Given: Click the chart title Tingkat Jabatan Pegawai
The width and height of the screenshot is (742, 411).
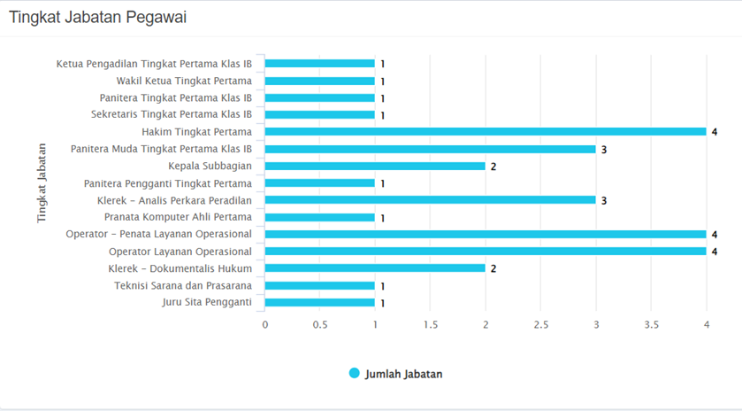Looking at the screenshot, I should (x=97, y=18).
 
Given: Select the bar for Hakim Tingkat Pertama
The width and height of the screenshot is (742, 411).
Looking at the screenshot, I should (x=486, y=132).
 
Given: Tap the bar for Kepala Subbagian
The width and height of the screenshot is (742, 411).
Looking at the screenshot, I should (x=375, y=166).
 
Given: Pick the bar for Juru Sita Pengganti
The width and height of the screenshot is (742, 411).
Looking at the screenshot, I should (x=319, y=303).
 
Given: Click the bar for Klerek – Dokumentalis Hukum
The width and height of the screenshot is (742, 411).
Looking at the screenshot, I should (x=375, y=268).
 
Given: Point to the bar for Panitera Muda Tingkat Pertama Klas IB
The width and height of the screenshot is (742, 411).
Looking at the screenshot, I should (x=430, y=149).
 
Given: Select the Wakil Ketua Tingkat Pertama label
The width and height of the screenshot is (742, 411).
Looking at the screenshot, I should (x=184, y=81).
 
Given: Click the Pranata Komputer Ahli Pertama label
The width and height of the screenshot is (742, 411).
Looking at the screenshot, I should (x=178, y=217).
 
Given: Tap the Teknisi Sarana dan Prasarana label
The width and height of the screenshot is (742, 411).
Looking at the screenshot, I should (x=183, y=285).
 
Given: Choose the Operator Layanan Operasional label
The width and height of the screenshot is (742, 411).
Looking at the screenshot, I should (x=180, y=252).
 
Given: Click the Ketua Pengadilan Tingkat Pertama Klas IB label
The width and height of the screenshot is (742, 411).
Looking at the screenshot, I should (x=154, y=64).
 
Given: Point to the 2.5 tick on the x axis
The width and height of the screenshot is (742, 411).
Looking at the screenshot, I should (x=541, y=325).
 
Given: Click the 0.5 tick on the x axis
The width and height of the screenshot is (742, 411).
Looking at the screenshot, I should (x=320, y=325).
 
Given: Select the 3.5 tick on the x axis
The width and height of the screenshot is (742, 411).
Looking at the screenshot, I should (x=652, y=325).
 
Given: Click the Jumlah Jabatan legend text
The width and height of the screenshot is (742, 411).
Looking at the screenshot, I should (x=403, y=374).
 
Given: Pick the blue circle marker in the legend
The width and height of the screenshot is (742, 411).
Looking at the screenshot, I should (x=355, y=374).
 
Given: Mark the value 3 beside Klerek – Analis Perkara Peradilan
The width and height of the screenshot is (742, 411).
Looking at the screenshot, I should (x=604, y=201).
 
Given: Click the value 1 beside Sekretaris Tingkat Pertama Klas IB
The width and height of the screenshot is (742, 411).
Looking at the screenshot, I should (x=383, y=116).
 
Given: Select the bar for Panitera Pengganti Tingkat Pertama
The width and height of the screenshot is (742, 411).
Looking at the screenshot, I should (x=319, y=183).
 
